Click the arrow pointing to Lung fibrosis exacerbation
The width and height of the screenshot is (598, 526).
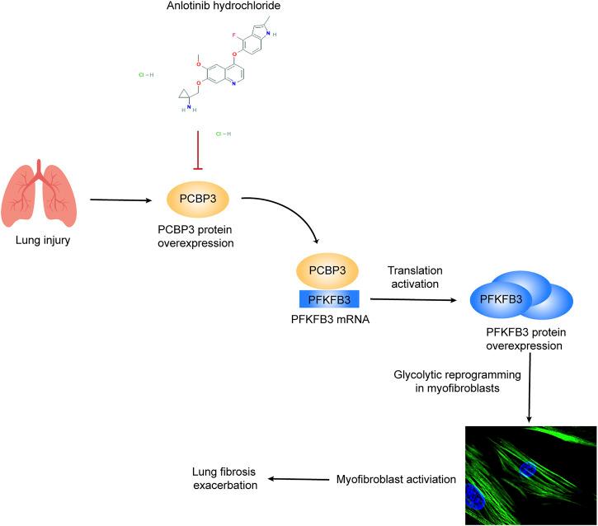pos(298,479)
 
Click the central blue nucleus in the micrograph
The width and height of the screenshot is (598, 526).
pos(528,470)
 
